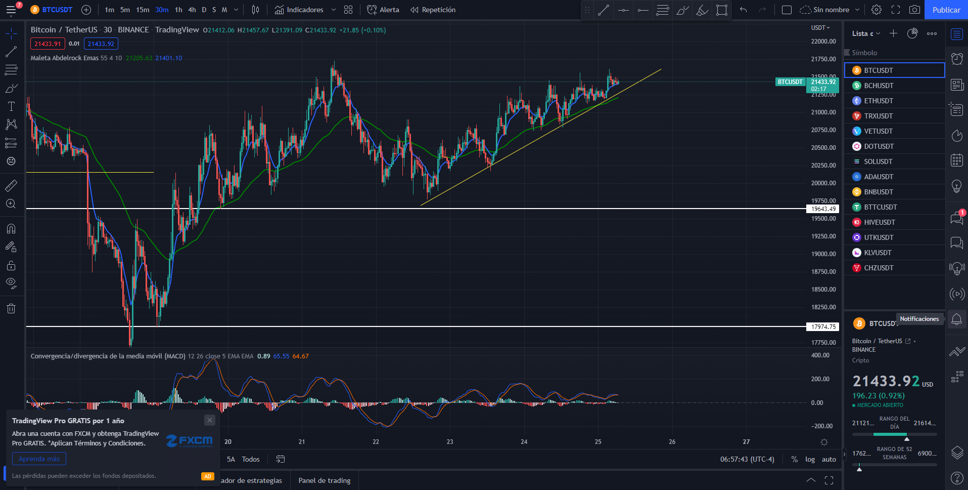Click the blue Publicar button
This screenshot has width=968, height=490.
click(x=946, y=10)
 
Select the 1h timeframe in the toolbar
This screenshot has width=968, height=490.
click(x=178, y=10)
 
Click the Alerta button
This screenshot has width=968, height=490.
click(x=383, y=10)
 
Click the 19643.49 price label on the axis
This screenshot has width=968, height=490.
click(x=823, y=209)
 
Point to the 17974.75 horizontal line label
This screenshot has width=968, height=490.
click(x=823, y=326)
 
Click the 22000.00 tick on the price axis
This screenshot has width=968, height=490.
click(x=823, y=42)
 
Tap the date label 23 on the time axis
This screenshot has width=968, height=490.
click(x=450, y=442)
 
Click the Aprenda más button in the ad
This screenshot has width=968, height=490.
click(x=39, y=459)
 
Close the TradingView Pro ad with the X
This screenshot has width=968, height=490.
click(x=210, y=420)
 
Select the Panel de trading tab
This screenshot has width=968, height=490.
click(x=325, y=480)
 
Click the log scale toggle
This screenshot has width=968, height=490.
click(x=810, y=460)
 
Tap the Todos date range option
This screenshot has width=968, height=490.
click(x=251, y=459)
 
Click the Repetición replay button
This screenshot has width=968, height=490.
click(x=433, y=10)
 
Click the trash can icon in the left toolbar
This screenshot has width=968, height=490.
click(x=11, y=309)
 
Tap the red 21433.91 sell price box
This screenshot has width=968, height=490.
click(x=48, y=44)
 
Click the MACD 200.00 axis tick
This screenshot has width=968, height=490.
click(x=820, y=379)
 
